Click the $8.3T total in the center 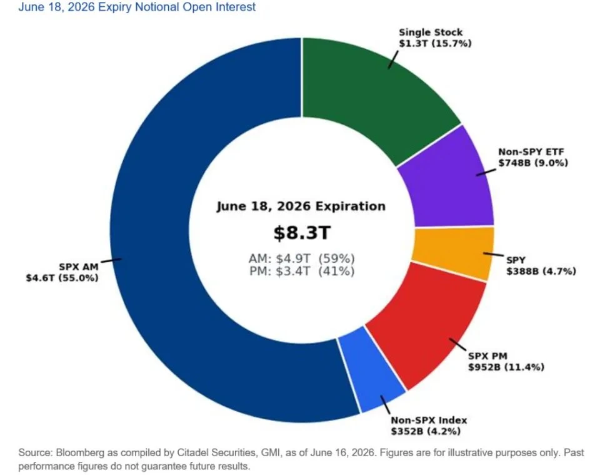[302, 233]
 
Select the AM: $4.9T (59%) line [302, 258]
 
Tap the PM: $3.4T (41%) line [302, 271]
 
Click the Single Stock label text [431, 33]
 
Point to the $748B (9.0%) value [533, 163]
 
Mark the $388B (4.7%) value [541, 272]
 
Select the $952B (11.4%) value [506, 367]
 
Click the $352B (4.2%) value [426, 431]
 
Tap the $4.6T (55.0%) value [62, 278]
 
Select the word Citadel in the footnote [191, 452]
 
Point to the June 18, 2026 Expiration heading [301, 207]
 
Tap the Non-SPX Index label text [429, 420]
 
